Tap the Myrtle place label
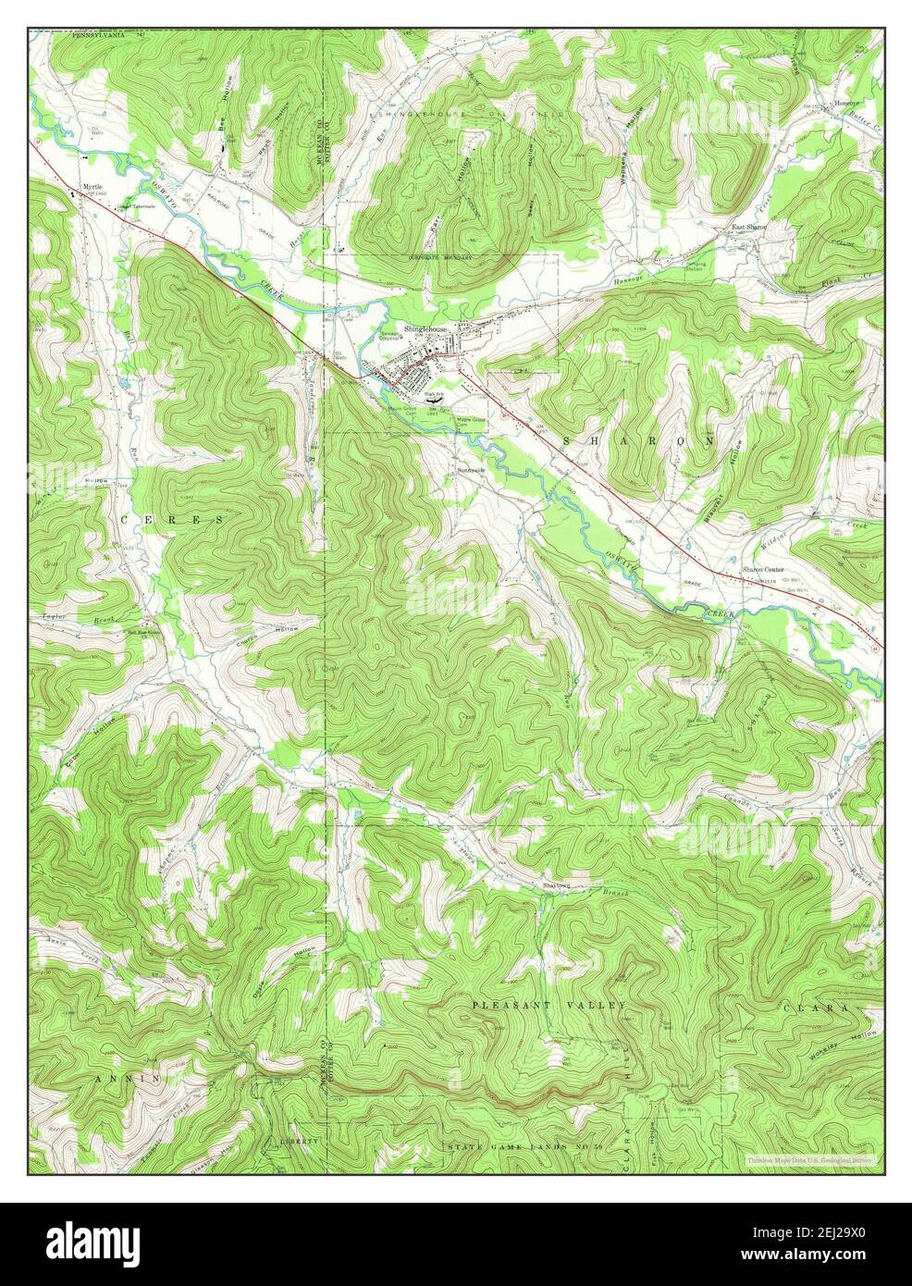point(92,186)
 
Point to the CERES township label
point(172,521)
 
